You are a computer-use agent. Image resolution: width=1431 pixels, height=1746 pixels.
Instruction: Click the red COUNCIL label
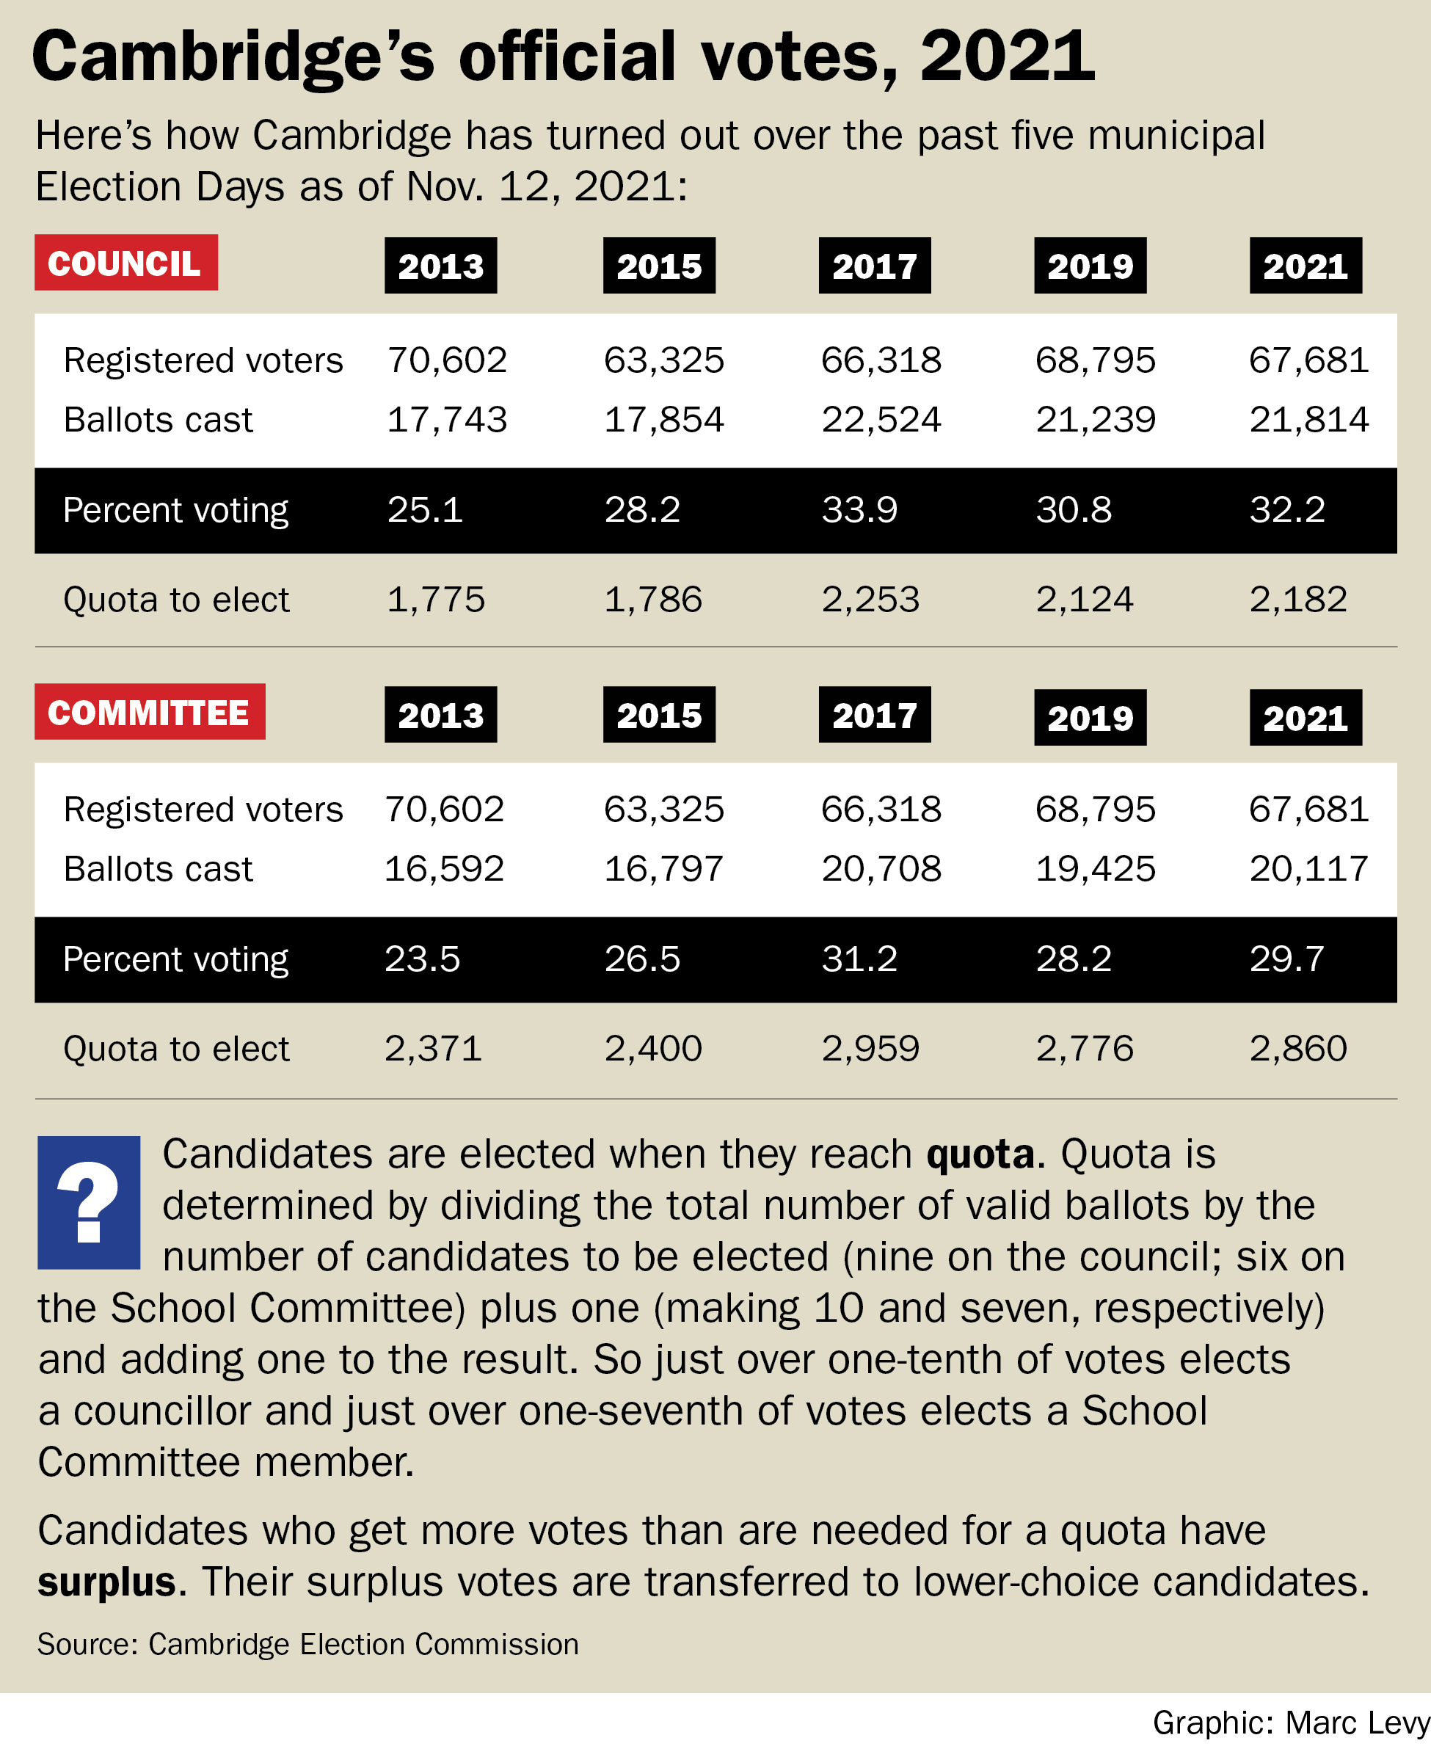(125, 263)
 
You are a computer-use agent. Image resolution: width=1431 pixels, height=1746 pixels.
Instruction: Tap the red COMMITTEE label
(149, 712)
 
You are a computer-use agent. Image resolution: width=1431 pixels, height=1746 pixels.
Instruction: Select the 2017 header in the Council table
(874, 266)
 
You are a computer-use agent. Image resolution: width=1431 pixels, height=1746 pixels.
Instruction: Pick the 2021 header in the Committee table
(1305, 717)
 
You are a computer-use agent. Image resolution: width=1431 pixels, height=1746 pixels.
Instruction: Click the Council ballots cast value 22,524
(881, 420)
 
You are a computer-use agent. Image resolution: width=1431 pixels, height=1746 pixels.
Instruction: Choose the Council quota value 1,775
(435, 600)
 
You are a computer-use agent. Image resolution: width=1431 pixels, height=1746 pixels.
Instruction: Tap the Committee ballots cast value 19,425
(1095, 869)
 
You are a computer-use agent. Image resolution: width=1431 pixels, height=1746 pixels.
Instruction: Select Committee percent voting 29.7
(1286, 959)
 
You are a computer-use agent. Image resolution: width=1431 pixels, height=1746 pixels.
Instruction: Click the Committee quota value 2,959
(870, 1049)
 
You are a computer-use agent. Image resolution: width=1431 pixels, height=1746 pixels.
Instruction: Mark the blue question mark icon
(88, 1202)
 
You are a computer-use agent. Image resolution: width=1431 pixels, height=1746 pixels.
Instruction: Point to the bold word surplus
(106, 1582)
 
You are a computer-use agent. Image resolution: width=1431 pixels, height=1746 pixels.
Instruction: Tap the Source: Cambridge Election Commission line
(307, 1644)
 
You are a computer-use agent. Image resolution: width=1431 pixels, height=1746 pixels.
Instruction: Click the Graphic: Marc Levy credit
(1290, 1723)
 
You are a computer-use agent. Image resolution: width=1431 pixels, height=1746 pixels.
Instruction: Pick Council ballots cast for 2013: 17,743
(447, 420)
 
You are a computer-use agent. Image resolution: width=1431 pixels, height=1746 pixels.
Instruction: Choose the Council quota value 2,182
(1297, 600)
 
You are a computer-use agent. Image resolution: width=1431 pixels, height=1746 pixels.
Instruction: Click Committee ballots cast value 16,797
(663, 869)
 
